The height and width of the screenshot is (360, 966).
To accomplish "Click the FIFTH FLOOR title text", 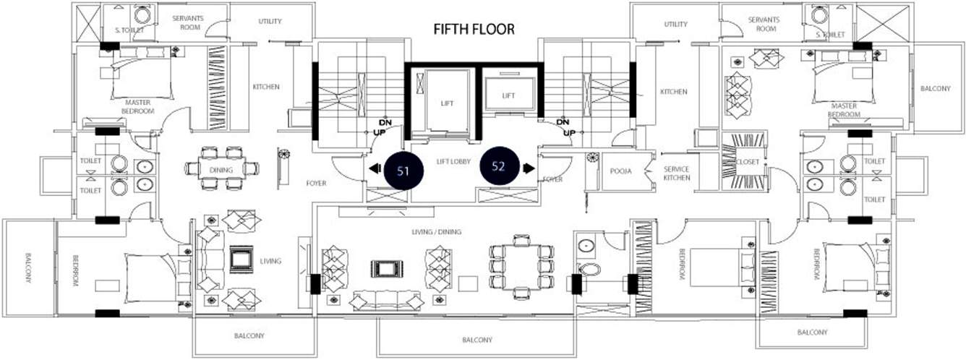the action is click(474, 30).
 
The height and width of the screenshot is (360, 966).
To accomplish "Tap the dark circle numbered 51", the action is click(403, 171).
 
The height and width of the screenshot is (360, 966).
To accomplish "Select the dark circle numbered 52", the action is click(498, 167).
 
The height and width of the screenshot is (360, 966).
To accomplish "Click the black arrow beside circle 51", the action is click(375, 168).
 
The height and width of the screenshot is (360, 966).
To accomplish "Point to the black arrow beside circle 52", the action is click(529, 168).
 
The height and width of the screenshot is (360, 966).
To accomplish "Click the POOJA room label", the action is click(621, 171).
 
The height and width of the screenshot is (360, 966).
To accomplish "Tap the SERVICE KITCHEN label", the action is click(677, 173).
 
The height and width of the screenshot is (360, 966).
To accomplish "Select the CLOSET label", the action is click(748, 162).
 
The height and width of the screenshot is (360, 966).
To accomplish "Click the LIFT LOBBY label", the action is click(453, 162).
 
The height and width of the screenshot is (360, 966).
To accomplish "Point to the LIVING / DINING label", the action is click(437, 232).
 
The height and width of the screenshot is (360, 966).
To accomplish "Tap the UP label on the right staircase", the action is click(569, 133).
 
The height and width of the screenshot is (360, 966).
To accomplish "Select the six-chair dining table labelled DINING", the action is click(222, 168).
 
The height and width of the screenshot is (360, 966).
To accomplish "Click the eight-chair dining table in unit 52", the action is click(522, 267).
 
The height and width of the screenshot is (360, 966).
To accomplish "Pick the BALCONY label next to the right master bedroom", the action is click(936, 88).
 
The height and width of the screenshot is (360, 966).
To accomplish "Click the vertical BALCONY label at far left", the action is click(28, 267).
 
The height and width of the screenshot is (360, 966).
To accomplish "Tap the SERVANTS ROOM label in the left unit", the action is click(188, 23).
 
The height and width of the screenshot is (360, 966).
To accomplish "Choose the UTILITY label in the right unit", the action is click(676, 24).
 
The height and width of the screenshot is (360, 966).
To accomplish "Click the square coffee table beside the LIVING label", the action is click(241, 260).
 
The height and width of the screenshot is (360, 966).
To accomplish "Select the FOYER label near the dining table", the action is click(316, 183).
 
